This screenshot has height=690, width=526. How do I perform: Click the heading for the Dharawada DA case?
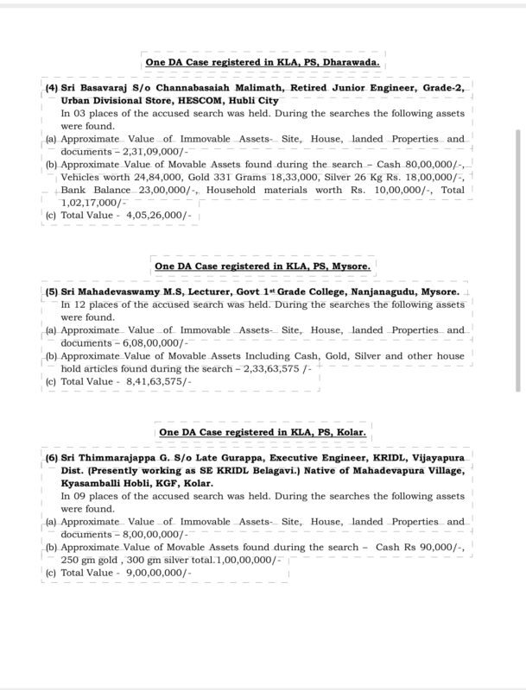(x=262, y=63)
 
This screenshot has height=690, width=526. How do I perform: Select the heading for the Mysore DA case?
(x=263, y=267)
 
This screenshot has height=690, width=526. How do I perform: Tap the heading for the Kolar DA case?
(x=263, y=431)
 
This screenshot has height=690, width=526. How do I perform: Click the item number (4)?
(x=52, y=88)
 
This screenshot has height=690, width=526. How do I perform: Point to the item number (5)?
(x=52, y=292)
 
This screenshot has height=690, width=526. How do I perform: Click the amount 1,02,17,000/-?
(x=90, y=201)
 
